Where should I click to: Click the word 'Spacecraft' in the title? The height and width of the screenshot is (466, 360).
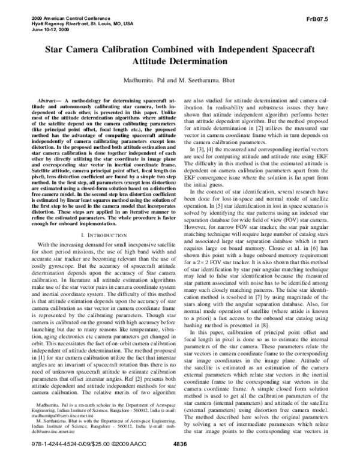point(293,52)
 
